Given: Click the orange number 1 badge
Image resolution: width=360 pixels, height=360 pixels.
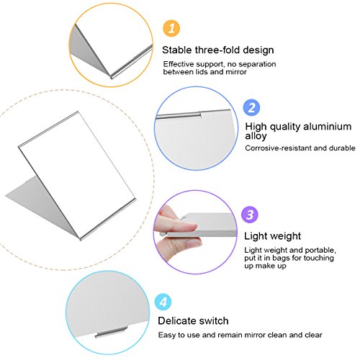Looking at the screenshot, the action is pos(171,28).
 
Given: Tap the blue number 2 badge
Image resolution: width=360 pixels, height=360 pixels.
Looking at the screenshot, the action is pos(251,107).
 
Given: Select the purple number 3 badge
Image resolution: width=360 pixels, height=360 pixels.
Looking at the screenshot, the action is pos(250,215).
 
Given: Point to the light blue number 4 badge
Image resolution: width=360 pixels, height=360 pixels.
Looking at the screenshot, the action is pos(163,302).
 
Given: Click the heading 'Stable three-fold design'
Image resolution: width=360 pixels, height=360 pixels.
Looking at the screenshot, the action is pos(218,50).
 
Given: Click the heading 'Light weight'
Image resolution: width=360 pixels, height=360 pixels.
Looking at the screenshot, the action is pos(272,236).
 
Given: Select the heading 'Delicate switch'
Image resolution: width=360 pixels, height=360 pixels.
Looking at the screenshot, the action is pos(193,321).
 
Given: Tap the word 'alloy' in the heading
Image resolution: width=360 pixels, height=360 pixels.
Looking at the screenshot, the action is pos(256,136).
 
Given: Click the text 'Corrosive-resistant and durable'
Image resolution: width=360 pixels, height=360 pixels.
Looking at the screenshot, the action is pos(300,148).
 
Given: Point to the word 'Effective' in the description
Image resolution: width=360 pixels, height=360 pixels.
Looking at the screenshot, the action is pos(179,64).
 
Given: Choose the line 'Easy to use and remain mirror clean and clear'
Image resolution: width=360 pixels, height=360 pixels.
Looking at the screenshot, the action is pos(240,335).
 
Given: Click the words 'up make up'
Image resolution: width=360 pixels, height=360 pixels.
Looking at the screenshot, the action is pos(265,266).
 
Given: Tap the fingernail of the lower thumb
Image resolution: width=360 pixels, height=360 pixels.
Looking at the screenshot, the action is pos(193,243).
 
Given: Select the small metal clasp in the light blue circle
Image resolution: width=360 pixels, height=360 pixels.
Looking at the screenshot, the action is pos(111,333).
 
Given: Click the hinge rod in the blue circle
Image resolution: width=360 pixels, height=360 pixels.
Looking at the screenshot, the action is pos(179,115).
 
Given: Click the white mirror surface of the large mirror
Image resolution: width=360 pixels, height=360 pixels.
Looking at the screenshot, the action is pos(77,174).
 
